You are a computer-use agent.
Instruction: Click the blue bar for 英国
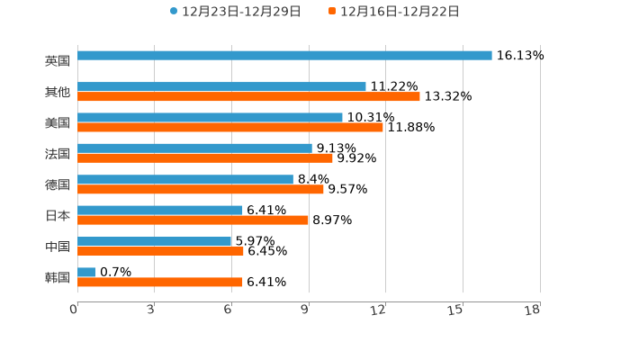click(x=284, y=56)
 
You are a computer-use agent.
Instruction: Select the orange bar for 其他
click(x=248, y=96)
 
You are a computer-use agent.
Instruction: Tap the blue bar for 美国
click(x=210, y=117)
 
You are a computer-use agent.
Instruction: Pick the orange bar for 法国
click(x=205, y=158)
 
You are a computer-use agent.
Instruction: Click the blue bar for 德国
click(x=185, y=179)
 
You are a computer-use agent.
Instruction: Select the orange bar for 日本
click(x=193, y=220)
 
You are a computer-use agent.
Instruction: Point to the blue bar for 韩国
click(x=86, y=272)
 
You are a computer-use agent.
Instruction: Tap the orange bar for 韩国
click(x=160, y=283)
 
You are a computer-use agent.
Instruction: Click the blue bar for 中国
click(x=155, y=241)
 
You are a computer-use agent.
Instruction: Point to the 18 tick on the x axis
click(x=533, y=310)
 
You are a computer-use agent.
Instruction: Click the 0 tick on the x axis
click(x=74, y=310)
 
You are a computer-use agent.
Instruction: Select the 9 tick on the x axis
click(x=304, y=310)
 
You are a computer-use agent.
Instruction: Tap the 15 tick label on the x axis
click(x=456, y=310)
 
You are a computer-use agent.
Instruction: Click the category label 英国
click(x=58, y=60)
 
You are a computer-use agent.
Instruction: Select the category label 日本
click(x=58, y=215)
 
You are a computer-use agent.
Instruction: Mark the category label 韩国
click(x=58, y=277)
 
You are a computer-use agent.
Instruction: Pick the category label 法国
click(x=58, y=153)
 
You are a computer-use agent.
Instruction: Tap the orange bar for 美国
click(x=230, y=128)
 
